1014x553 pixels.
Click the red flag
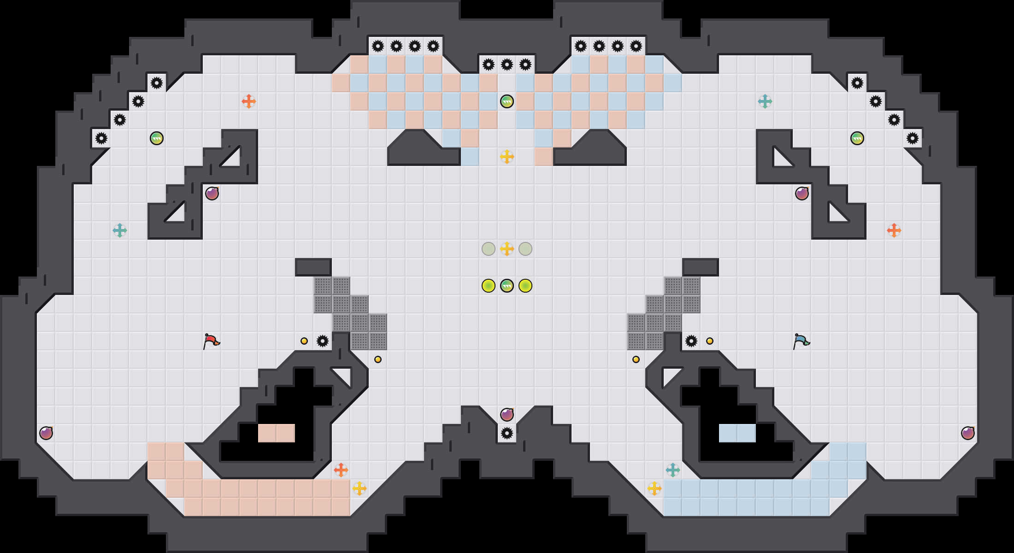pyautogui.click(x=211, y=341)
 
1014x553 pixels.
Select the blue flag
pyautogui.click(x=801, y=341)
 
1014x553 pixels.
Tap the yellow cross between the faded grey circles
pyautogui.click(x=507, y=249)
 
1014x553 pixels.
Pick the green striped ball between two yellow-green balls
pyautogui.click(x=507, y=286)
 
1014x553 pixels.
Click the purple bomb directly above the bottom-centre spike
pyautogui.click(x=507, y=415)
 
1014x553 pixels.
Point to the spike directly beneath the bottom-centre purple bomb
pyautogui.click(x=507, y=433)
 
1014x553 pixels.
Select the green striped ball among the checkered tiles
pyautogui.click(x=507, y=101)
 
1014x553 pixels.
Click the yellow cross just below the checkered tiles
pyautogui.click(x=507, y=157)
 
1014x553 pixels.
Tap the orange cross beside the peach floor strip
pyautogui.click(x=341, y=470)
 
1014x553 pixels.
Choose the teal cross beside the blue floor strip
pyautogui.click(x=673, y=470)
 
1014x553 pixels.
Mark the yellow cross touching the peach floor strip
pyautogui.click(x=360, y=488)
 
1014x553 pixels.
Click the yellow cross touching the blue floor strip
pyautogui.click(x=654, y=488)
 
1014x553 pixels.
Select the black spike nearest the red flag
pyautogui.click(x=323, y=341)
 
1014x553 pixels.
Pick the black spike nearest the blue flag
pyautogui.click(x=691, y=341)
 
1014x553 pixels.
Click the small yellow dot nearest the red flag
pyautogui.click(x=304, y=341)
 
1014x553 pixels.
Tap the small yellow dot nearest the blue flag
pyautogui.click(x=710, y=341)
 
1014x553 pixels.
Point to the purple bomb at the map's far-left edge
pyautogui.click(x=46, y=433)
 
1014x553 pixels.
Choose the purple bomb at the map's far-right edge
pyautogui.click(x=968, y=433)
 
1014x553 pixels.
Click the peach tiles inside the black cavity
pyautogui.click(x=277, y=433)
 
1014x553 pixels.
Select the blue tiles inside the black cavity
pyautogui.click(x=737, y=433)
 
